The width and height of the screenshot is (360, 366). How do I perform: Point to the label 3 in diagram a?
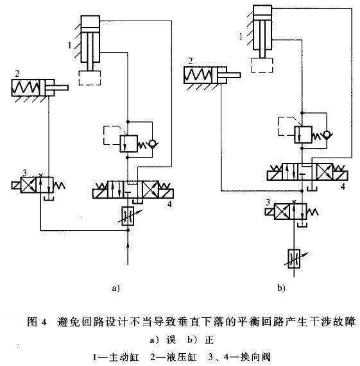click(x=24, y=172)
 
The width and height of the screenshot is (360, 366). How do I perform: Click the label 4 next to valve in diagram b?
click(x=343, y=186)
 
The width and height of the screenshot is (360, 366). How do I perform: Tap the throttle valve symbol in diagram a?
click(x=129, y=215)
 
